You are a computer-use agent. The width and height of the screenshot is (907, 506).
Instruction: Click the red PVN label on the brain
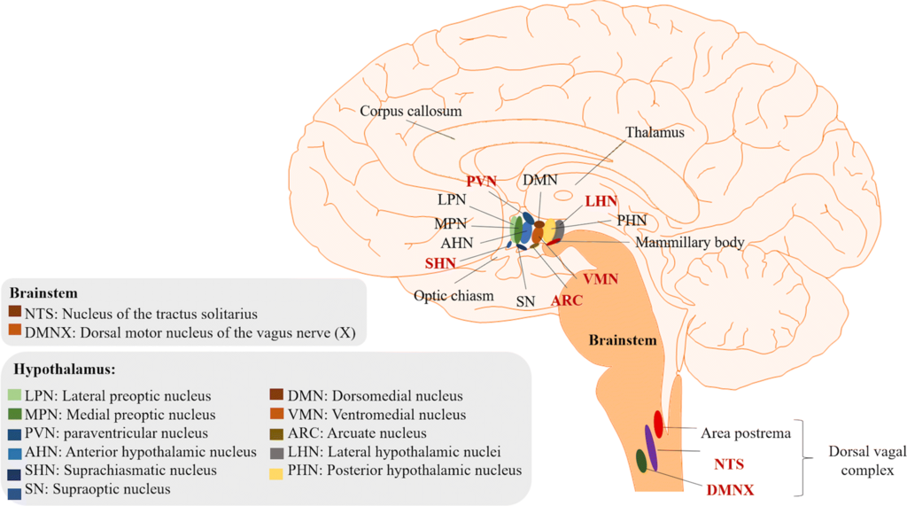[x=481, y=181]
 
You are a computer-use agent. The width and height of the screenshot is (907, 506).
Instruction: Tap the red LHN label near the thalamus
[x=601, y=201]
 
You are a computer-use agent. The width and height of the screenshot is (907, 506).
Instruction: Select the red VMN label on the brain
[x=601, y=279]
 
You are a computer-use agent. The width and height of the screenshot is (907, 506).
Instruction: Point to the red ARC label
[x=567, y=300]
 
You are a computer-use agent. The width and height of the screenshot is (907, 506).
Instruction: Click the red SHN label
[x=440, y=263]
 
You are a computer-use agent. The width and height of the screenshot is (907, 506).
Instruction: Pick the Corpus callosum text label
[x=411, y=111]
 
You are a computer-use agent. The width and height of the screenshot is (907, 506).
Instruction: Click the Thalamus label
[x=655, y=133]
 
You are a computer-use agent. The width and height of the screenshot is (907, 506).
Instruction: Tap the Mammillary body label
[x=689, y=242]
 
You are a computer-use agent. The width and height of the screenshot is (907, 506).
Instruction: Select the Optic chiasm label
[x=453, y=296]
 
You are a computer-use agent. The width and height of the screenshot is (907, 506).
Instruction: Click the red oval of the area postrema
[x=658, y=424]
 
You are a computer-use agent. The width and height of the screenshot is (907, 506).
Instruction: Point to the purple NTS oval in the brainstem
[x=651, y=448]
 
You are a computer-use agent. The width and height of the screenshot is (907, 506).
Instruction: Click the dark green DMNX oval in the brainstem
[x=641, y=461]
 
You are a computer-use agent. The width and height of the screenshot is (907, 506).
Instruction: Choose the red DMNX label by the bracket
[x=730, y=490]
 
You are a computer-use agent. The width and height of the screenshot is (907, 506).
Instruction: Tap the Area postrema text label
[x=746, y=433]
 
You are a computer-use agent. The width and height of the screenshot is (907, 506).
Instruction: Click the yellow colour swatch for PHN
[x=276, y=473]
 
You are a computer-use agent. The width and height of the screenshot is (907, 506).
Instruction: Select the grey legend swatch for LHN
[x=276, y=453]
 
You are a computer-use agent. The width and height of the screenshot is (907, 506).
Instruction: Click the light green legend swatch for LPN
[x=14, y=396]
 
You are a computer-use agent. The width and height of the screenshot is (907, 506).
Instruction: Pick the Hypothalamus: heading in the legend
[x=64, y=370]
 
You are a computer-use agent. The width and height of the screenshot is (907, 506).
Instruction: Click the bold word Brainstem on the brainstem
[x=623, y=339]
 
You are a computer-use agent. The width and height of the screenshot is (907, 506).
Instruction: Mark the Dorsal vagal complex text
[x=867, y=461]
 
